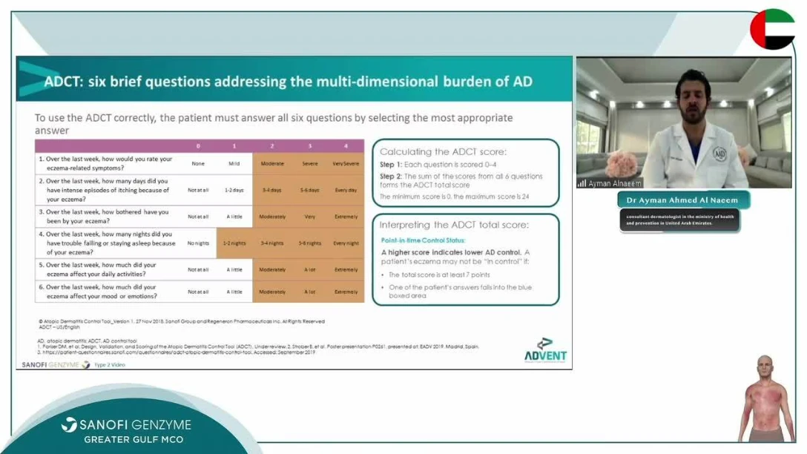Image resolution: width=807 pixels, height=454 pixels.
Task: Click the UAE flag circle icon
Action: [772, 30]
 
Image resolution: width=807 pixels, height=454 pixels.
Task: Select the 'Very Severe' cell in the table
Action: [346, 163]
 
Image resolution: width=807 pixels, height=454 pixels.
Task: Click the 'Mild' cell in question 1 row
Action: [234, 163]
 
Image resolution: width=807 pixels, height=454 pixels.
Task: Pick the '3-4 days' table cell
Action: [271, 190]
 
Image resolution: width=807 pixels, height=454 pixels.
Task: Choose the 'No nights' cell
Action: [198, 243]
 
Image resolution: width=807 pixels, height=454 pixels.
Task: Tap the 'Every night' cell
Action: [346, 243]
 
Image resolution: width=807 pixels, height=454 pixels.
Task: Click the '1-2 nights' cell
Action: [234, 243]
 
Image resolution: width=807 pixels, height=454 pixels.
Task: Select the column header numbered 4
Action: [346, 146]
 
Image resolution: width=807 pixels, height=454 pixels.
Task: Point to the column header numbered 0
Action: [198, 146]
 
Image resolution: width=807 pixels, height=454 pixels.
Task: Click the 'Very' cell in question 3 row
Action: [309, 217]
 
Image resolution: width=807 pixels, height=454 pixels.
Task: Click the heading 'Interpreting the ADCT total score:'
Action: [453, 225]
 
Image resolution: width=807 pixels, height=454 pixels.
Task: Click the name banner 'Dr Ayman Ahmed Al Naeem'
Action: [683, 200]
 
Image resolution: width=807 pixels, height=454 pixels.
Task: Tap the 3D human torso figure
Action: [765, 401]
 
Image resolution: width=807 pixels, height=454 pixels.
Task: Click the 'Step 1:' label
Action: [390, 164]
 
